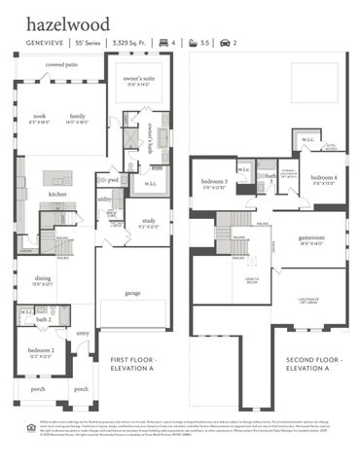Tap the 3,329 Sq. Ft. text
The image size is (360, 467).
click(x=128, y=44)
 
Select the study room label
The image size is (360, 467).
click(x=149, y=221)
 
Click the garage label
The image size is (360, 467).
click(x=133, y=291)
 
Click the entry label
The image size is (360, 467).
click(x=83, y=334)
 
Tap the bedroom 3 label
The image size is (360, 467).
click(x=215, y=182)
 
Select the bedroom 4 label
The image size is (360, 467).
click(x=324, y=178)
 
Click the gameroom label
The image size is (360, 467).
click(x=311, y=238)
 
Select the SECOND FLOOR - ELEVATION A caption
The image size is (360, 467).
click(x=306, y=361)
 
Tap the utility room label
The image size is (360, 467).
click(x=105, y=198)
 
